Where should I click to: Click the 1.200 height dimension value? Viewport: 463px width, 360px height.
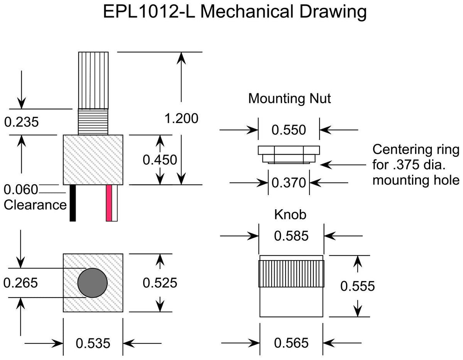point(181,118)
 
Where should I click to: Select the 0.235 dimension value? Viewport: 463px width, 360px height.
point(21,122)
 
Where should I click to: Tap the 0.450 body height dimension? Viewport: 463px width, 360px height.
point(160,160)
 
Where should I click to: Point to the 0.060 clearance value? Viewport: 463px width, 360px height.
point(21,190)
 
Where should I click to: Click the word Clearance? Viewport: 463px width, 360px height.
point(35,205)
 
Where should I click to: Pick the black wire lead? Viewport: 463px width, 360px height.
point(73,203)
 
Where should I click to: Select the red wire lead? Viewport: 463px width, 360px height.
point(109,203)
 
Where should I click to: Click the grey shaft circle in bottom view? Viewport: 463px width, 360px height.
point(93,283)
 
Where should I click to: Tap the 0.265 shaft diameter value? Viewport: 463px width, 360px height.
point(20,283)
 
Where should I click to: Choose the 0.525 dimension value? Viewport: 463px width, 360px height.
point(160,283)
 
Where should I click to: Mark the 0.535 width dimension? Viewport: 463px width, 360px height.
point(93,343)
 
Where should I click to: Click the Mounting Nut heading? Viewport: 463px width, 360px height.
point(289,99)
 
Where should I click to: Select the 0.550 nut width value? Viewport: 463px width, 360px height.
point(289,130)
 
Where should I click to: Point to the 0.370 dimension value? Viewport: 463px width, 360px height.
point(289,183)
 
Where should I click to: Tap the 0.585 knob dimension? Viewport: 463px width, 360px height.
point(291,236)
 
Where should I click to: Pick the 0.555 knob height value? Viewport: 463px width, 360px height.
point(358,286)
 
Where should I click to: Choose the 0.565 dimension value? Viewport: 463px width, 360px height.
point(291,343)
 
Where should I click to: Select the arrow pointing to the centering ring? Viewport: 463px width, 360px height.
point(343,165)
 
